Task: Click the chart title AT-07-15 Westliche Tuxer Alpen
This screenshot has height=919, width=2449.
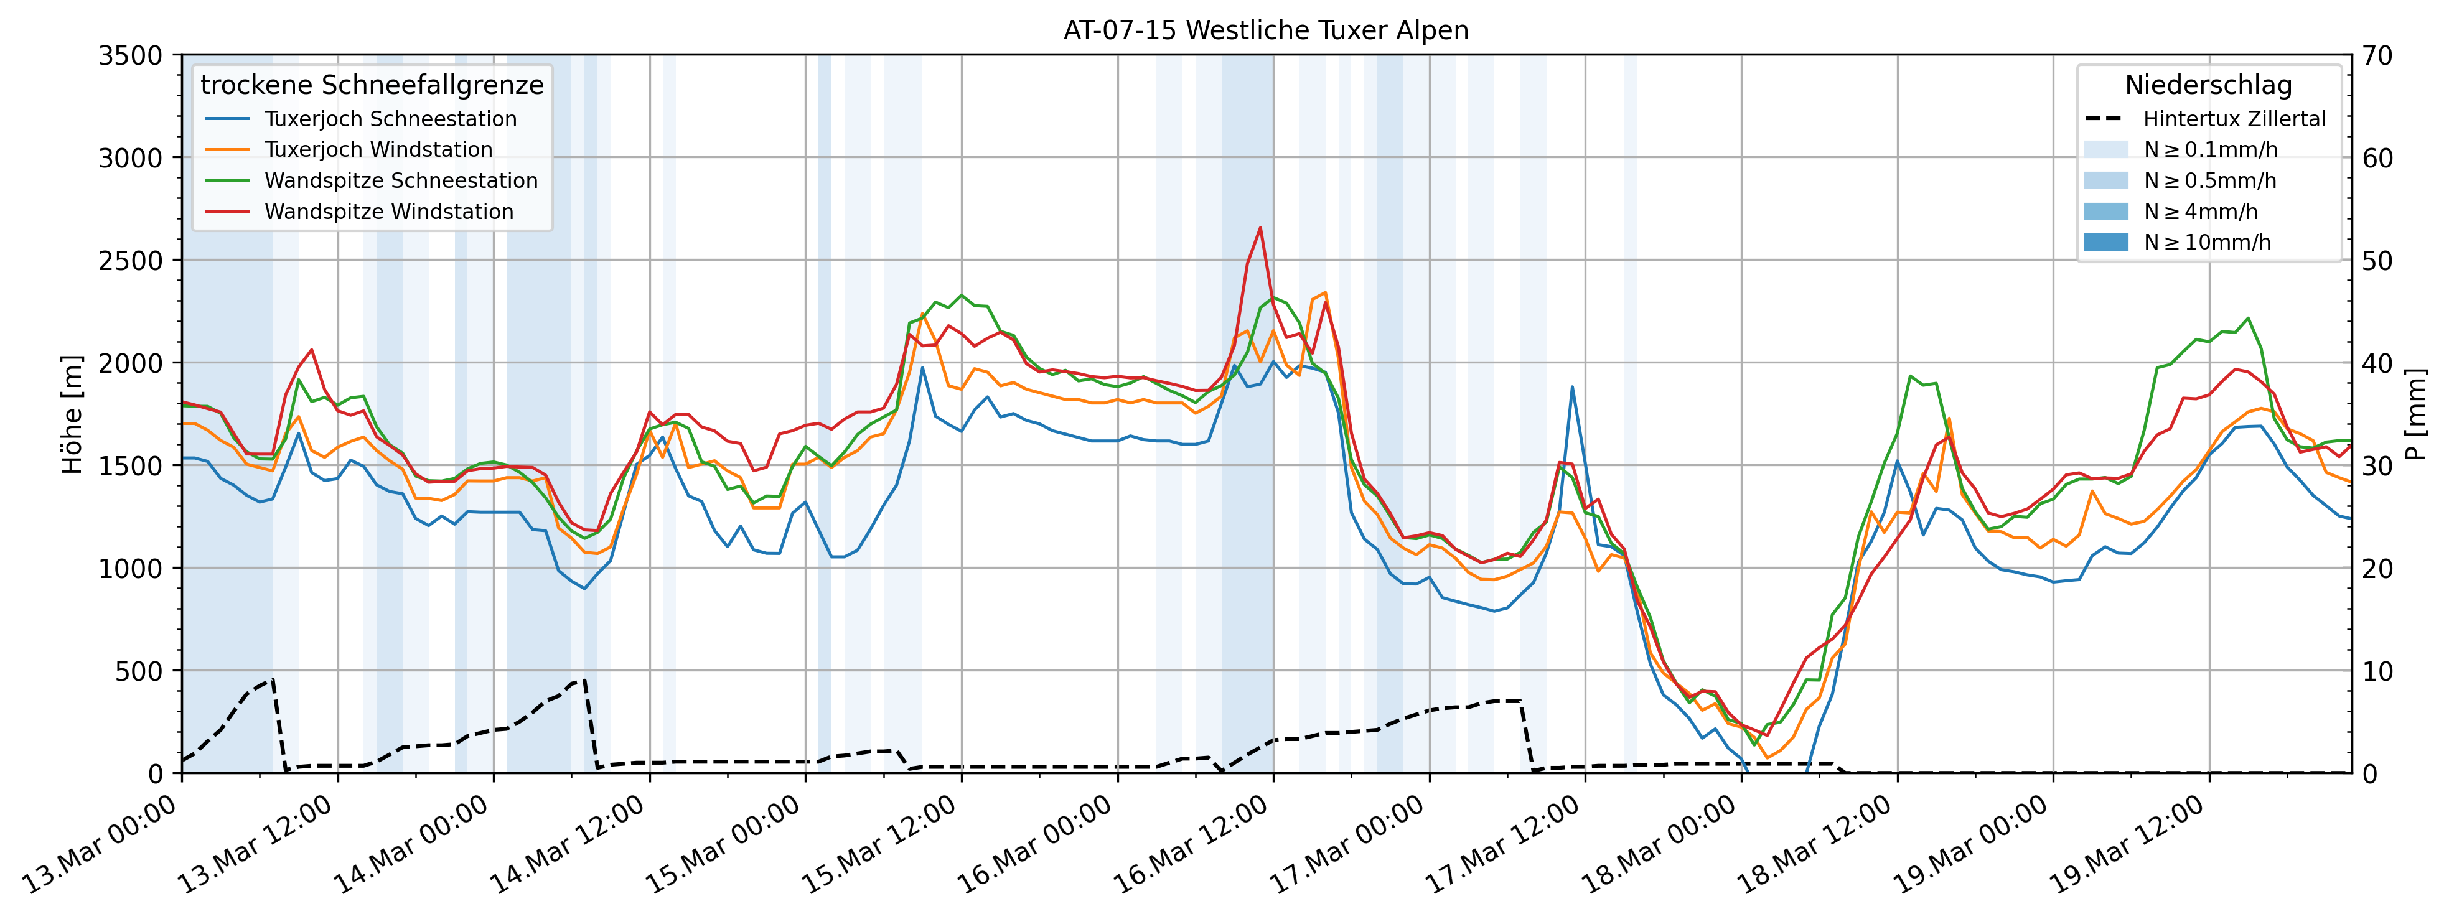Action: [1265, 30]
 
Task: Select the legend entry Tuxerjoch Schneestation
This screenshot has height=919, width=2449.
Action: [390, 119]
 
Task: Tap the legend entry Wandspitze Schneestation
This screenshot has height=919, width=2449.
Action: [400, 180]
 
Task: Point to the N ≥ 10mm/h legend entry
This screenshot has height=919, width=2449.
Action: [2206, 242]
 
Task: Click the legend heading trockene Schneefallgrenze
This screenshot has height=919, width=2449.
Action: [372, 85]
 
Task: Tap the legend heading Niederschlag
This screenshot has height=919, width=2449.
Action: [2208, 85]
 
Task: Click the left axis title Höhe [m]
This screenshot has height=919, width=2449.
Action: [72, 414]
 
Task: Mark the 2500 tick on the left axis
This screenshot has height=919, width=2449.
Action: [130, 261]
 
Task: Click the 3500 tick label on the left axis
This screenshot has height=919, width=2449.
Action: [130, 55]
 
